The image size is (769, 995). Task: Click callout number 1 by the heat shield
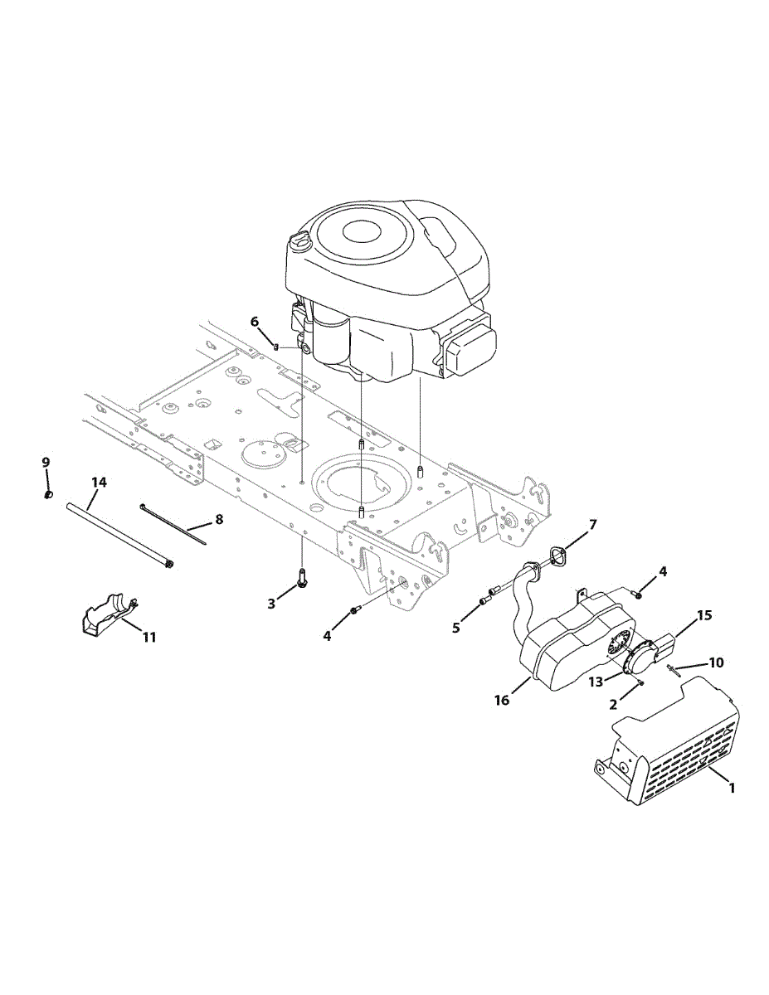point(732,789)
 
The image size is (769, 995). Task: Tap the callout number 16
point(502,701)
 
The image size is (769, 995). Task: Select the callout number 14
point(100,483)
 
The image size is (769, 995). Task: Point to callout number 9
point(46,462)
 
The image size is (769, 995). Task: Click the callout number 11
point(148,637)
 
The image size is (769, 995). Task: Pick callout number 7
point(592,524)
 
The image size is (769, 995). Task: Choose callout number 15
point(704,616)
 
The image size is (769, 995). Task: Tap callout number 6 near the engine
point(255,321)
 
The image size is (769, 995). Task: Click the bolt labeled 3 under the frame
point(301,580)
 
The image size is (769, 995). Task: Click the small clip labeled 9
point(47,495)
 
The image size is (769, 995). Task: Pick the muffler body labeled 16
point(572,638)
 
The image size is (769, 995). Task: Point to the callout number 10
point(716,663)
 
